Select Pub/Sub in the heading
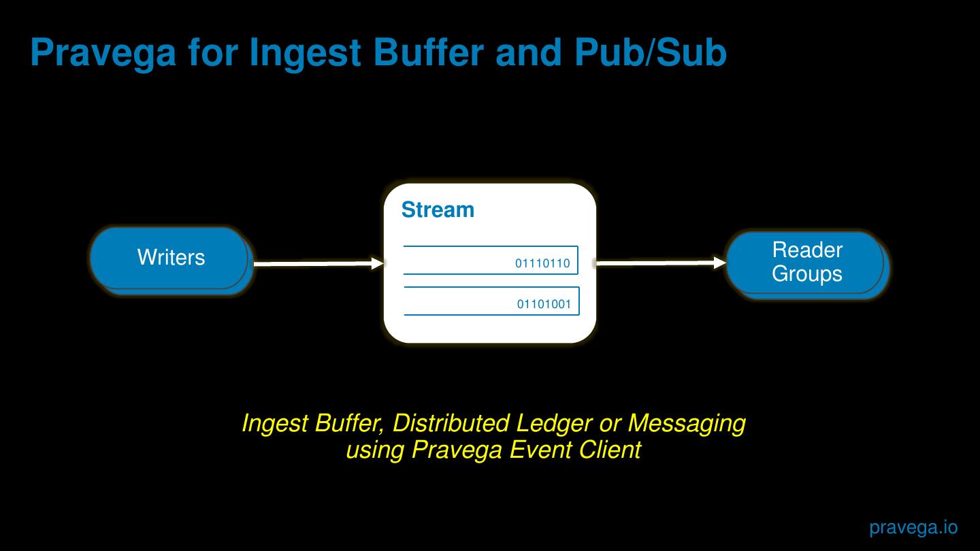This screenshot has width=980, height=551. tap(651, 52)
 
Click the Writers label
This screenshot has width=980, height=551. tap(171, 257)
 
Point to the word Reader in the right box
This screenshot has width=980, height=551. tap(807, 250)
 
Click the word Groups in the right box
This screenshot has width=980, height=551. tap(807, 273)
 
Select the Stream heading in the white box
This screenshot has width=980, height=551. tap(438, 210)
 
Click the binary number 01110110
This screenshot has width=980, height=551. tap(542, 263)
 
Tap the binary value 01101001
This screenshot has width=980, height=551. tap(544, 304)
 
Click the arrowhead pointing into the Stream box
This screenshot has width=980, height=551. tap(378, 263)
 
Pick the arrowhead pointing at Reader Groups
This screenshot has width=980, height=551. tap(719, 263)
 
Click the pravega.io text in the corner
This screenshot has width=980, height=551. tap(913, 527)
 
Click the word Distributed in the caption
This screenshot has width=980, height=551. tap(451, 423)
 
